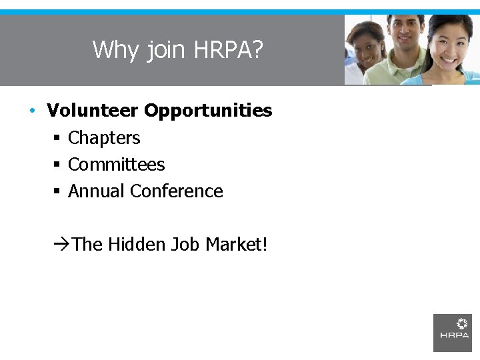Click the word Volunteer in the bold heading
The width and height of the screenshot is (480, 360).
(93, 110)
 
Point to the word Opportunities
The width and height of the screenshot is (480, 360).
(208, 111)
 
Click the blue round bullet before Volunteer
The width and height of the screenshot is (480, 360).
(32, 111)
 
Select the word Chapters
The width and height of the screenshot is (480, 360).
(104, 138)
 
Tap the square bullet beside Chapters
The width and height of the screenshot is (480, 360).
(57, 138)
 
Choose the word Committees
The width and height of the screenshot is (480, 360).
(116, 164)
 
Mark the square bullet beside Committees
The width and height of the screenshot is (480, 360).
(57, 165)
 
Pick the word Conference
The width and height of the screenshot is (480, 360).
(177, 191)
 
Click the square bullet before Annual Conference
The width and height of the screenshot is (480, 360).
(57, 191)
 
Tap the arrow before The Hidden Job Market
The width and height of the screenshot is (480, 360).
(61, 245)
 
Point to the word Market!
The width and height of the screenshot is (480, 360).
(237, 244)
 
